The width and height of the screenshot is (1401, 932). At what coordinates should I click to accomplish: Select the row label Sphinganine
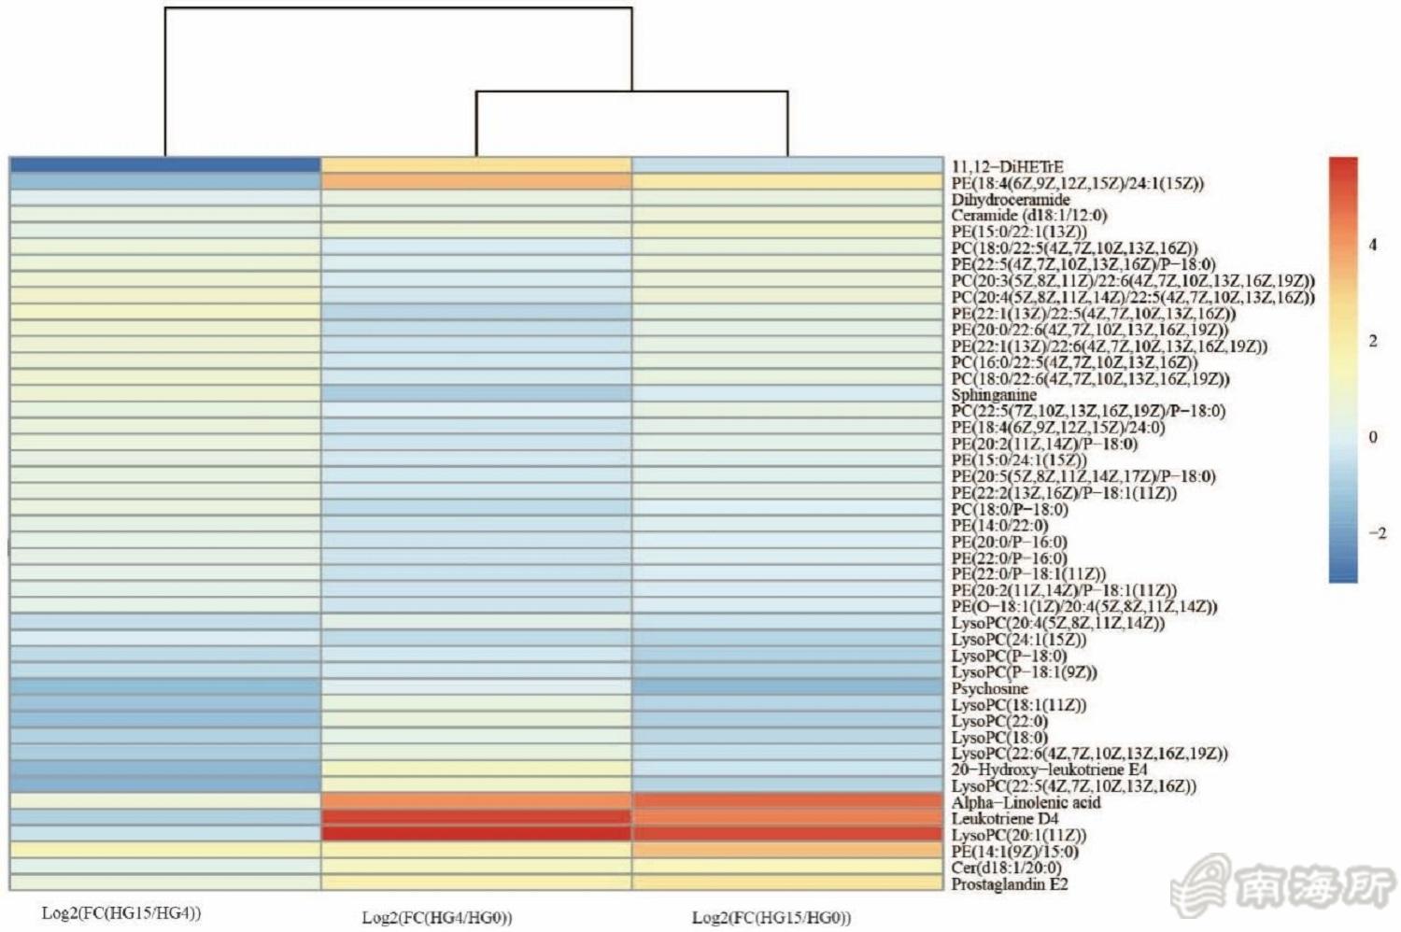point(994,395)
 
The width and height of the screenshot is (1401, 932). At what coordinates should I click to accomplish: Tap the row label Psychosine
point(989,688)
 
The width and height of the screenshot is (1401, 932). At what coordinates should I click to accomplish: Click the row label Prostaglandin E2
point(1010,883)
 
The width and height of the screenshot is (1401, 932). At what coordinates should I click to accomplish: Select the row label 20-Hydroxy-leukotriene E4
point(1049,770)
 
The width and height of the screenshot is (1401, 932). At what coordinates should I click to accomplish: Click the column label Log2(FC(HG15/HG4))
point(121,912)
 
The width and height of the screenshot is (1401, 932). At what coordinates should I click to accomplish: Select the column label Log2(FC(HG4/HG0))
point(437,917)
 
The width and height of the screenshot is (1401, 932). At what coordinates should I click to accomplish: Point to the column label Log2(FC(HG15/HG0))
point(771,917)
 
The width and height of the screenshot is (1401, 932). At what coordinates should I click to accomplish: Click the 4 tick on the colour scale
point(1373,245)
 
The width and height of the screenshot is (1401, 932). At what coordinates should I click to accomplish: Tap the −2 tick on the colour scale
point(1377,533)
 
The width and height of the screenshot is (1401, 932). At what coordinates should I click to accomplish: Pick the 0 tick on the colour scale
point(1373,437)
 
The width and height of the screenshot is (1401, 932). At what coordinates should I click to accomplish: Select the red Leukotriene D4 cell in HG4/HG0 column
point(476,818)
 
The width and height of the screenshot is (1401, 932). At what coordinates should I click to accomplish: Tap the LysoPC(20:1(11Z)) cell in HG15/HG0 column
point(787,835)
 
